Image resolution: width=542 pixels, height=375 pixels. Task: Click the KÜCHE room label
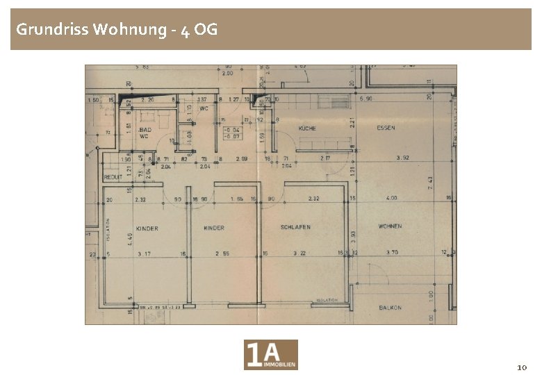tap(307, 128)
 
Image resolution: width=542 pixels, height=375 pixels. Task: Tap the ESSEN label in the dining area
tap(386, 128)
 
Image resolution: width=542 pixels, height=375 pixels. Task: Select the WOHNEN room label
tap(391, 226)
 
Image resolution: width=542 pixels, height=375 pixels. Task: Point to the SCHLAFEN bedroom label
tap(295, 227)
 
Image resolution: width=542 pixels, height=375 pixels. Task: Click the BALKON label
tap(391, 307)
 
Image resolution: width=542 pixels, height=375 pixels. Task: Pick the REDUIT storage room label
tap(113, 177)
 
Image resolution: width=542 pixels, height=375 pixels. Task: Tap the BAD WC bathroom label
tap(144, 133)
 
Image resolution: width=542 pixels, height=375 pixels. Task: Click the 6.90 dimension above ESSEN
tap(366, 99)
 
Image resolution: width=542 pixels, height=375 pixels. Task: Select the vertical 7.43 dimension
tap(431, 182)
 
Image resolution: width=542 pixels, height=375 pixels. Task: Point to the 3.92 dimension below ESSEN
tap(402, 158)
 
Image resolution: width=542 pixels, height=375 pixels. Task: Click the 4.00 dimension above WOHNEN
tap(392, 199)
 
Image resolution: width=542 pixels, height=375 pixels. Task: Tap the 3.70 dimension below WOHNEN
tap(392, 253)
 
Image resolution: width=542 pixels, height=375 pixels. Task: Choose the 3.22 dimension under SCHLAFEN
tap(300, 253)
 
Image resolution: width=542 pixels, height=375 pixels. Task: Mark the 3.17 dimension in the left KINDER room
tap(144, 253)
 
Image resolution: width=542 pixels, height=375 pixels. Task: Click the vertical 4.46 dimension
tap(130, 238)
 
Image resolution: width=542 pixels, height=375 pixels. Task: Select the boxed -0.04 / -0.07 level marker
tap(231, 133)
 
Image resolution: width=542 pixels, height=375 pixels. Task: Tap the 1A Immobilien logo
tap(271, 355)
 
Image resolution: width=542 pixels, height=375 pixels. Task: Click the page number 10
tap(523, 366)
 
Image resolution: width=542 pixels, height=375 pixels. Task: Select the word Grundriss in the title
tap(51, 29)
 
